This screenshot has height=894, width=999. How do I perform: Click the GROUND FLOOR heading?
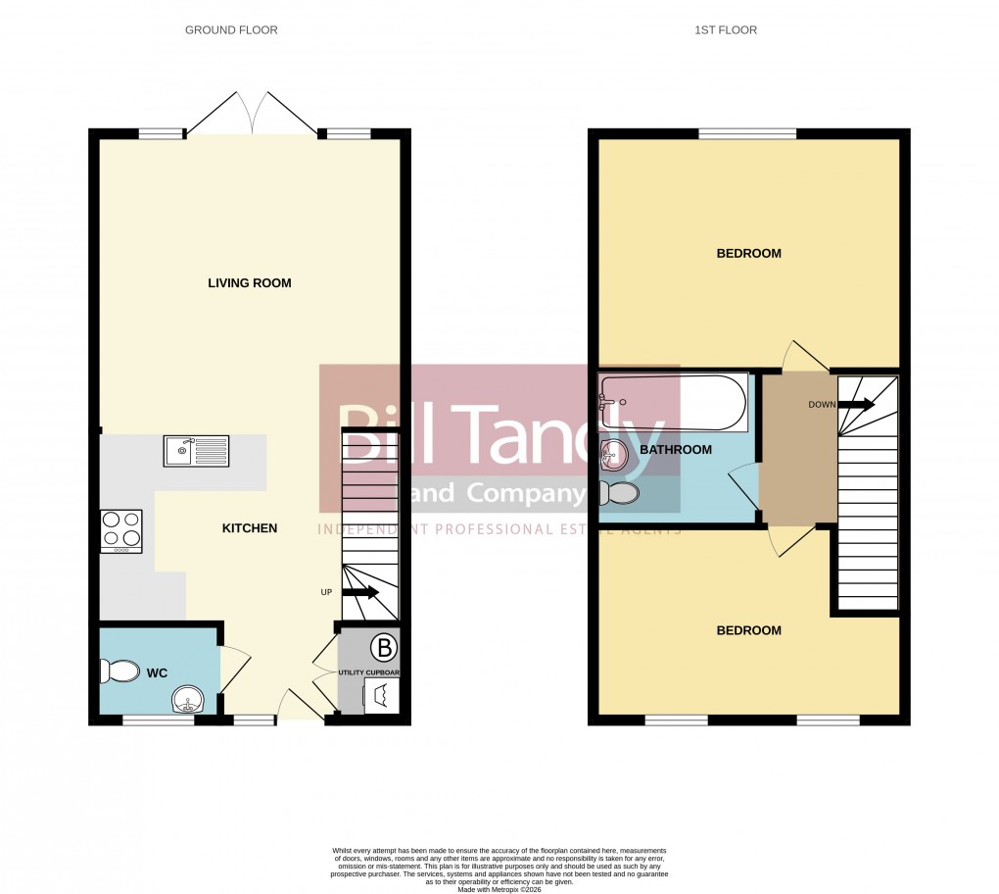tap(231, 30)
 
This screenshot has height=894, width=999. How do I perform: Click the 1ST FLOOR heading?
tap(726, 30)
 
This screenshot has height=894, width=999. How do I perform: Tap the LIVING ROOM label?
tap(250, 283)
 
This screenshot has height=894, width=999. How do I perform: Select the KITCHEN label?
tap(250, 528)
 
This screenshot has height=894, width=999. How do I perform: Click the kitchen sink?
tap(196, 451)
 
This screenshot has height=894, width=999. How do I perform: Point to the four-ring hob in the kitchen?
tap(120, 531)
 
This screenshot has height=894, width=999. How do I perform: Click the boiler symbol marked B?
tap(385, 647)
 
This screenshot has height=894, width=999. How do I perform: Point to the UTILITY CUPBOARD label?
tap(368, 672)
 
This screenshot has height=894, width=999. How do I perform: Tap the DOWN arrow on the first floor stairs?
tap(856, 404)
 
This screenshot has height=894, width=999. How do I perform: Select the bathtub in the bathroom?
tap(673, 403)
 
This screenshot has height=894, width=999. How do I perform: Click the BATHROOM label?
tap(675, 450)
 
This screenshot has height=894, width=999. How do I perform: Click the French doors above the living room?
tap(252, 113)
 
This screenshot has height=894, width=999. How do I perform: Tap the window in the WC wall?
tap(158, 720)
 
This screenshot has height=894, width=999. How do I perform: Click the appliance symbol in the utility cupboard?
tap(380, 696)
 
